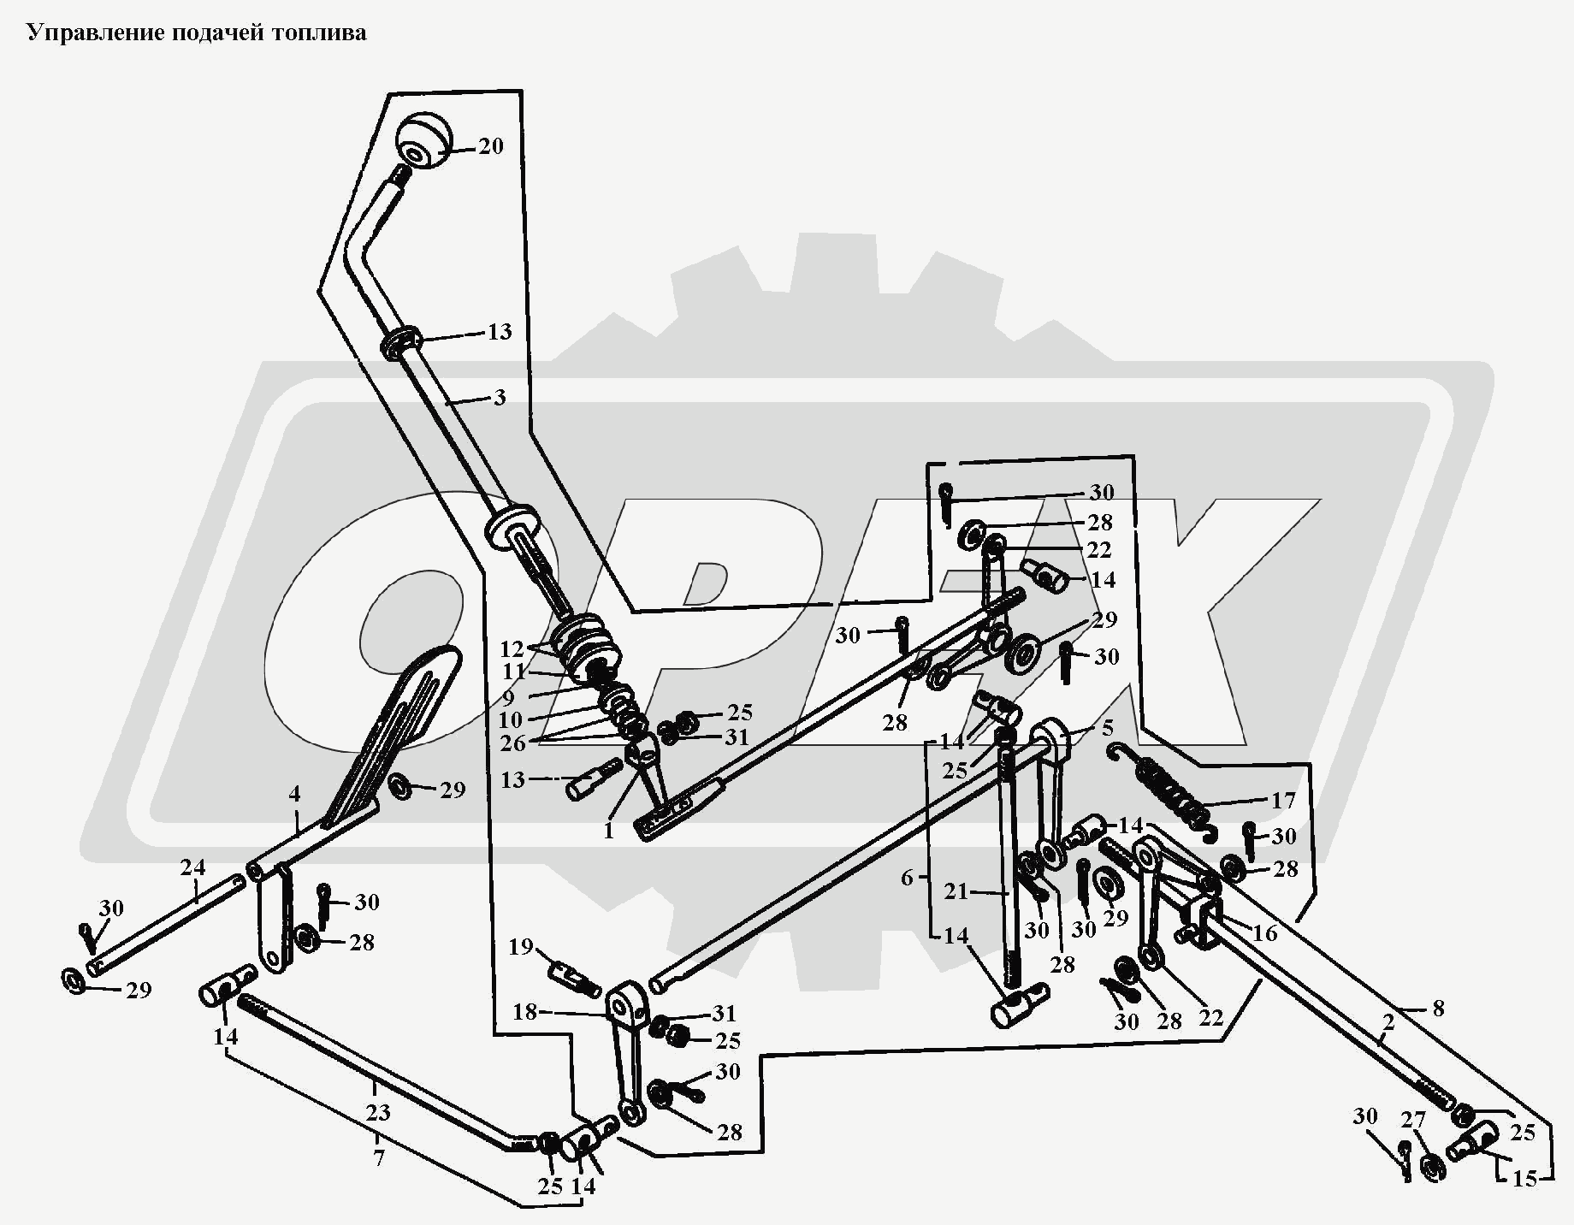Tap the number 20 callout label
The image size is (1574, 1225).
pos(490,146)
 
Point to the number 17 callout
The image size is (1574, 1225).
pos(1283,801)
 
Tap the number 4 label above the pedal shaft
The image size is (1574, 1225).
pos(294,794)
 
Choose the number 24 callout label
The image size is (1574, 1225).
pos(192,867)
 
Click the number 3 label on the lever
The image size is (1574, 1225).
pos(500,398)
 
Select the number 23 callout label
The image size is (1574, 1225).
pos(377,1113)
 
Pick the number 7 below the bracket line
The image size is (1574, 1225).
pos(378,1158)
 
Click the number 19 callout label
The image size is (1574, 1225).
pos(521,947)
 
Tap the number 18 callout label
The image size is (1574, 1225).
pos(524,1012)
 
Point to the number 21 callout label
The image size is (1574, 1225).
pos(956,892)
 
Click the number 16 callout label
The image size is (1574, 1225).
pos(1264,932)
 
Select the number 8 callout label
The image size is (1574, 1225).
pos(1438,1009)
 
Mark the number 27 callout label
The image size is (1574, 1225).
pos(1412,1120)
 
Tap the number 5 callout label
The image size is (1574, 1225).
pos(1108,728)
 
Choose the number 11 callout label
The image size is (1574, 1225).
pos(513,672)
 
